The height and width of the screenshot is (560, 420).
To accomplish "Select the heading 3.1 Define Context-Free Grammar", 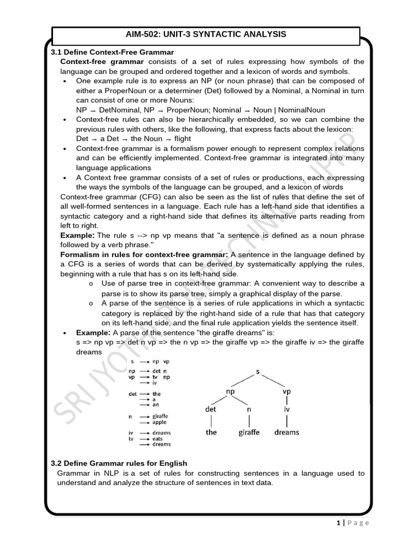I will tap(112, 52).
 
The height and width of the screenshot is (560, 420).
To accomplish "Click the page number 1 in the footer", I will tap(339, 523).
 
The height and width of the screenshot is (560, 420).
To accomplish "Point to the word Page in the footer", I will tap(359, 523).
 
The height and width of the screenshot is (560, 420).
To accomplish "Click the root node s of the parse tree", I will tap(258, 371).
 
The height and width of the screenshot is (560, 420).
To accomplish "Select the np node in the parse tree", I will tap(230, 392).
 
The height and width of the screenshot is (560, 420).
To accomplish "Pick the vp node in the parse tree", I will tap(287, 392).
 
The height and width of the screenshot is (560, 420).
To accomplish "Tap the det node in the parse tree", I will tap(211, 409).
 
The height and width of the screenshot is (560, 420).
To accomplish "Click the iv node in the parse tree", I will tap(286, 409).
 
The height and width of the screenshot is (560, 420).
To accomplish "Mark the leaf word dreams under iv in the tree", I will tap(287, 432).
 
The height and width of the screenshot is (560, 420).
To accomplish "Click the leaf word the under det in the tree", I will tap(211, 432).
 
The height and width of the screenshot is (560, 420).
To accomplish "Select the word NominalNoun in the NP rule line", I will tap(303, 110).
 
